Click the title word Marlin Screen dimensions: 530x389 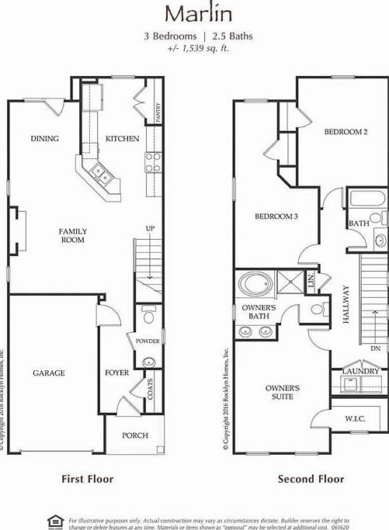194,13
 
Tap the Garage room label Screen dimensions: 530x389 48,373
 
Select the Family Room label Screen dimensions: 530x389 74,235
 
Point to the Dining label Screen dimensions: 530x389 44,139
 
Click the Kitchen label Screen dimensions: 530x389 123,139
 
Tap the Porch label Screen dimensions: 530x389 135,435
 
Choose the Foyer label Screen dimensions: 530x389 117,373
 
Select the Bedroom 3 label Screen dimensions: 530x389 276,217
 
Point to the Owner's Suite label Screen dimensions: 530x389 283,392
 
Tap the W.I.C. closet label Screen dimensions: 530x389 356,419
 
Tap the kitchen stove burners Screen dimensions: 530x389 153,161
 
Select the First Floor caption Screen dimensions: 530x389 87,479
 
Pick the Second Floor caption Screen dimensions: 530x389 311,479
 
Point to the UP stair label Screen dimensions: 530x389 150,228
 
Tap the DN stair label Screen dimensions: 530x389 375,348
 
